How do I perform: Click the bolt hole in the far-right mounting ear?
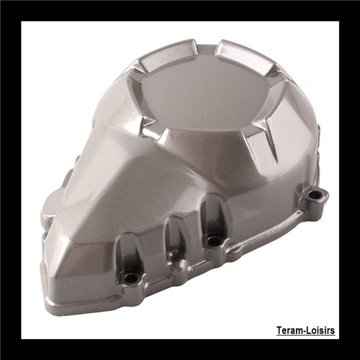pyautogui.click(x=313, y=195)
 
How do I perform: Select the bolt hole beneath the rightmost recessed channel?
pyautogui.click(x=211, y=240)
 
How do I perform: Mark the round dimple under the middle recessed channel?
pyautogui.click(x=175, y=253)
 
